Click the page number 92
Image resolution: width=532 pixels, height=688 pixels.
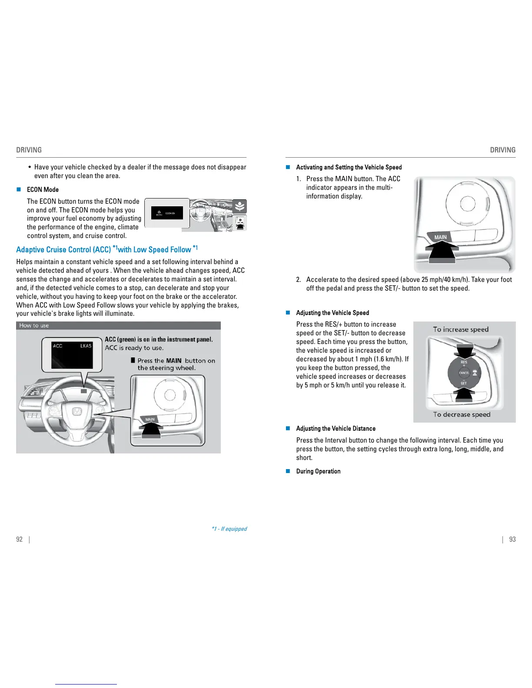click(19, 539)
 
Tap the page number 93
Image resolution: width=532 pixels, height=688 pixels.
click(512, 539)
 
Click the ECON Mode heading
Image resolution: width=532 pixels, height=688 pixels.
click(43, 190)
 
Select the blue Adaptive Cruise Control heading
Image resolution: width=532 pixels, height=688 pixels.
click(107, 249)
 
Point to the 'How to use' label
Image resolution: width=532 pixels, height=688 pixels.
click(34, 325)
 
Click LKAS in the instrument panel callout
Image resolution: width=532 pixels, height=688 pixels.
click(86, 346)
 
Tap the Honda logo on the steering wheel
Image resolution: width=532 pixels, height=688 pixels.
click(77, 412)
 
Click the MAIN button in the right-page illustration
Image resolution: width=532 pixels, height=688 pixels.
click(440, 237)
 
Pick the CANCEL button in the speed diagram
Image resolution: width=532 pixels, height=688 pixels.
click(464, 373)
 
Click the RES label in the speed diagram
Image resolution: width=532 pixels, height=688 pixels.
click(464, 362)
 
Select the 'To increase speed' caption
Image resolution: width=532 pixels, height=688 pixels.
click(461, 329)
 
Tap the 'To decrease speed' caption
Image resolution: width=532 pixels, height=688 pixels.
click(462, 414)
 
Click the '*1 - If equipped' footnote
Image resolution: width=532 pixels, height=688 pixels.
click(229, 529)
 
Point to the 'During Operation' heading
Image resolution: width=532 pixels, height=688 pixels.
click(318, 471)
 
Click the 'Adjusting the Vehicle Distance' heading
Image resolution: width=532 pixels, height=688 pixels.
click(336, 429)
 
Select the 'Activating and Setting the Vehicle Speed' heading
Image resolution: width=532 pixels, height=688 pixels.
click(349, 167)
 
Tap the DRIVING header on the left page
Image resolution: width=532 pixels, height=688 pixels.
click(29, 150)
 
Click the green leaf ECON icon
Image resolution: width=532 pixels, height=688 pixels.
click(240, 206)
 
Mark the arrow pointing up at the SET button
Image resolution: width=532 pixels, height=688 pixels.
click(464, 394)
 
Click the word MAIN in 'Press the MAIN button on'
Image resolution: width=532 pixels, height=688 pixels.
click(174, 361)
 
